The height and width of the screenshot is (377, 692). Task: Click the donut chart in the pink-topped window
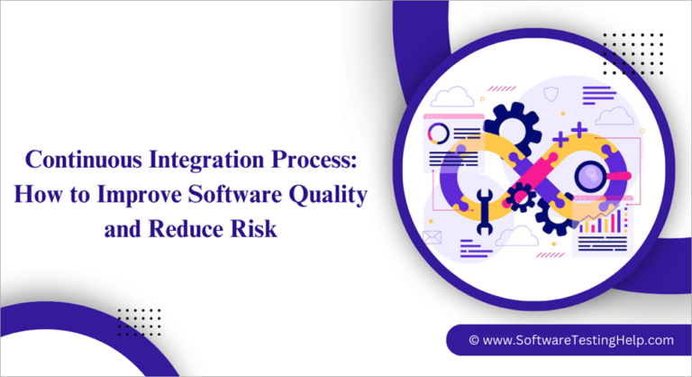point(438,133)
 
